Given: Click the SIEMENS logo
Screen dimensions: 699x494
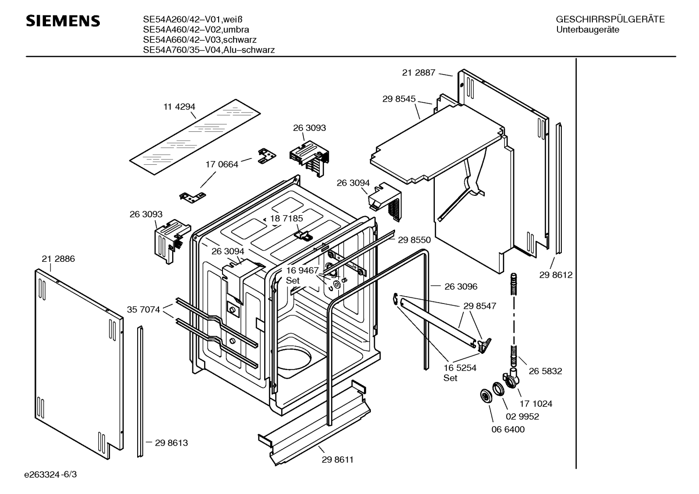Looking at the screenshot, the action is [63, 21].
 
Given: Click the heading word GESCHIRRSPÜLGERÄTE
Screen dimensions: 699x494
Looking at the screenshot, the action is [610, 19].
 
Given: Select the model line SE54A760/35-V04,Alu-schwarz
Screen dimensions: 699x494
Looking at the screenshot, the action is [209, 50].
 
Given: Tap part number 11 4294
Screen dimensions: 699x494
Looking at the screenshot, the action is [179, 107].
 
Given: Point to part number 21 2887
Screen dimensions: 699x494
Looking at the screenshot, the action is [418, 73].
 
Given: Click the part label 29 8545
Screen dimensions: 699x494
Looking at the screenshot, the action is [399, 99].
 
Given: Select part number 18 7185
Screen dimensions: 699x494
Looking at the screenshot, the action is [286, 219].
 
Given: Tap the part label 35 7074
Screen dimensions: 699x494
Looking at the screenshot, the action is [143, 310].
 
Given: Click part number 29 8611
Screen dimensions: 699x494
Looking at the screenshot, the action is [338, 460].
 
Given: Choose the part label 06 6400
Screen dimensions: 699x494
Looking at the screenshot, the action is [508, 430].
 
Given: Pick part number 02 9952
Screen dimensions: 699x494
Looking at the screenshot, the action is [523, 416].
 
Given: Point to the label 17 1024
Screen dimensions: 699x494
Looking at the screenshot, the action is [536, 404].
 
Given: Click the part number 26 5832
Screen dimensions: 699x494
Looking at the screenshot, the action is [545, 371].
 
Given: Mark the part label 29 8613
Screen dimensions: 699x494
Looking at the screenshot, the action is [171, 443].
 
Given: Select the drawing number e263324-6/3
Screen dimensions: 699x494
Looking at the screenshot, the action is [50, 475].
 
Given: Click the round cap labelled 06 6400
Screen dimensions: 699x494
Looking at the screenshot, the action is [486, 397].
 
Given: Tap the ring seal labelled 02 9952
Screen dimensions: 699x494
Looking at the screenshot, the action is [498, 389].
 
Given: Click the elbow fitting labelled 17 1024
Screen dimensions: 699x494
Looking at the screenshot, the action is [512, 378].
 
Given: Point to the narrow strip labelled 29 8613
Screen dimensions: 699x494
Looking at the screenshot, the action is [141, 392].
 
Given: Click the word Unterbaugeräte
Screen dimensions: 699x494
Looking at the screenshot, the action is [588, 30].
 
